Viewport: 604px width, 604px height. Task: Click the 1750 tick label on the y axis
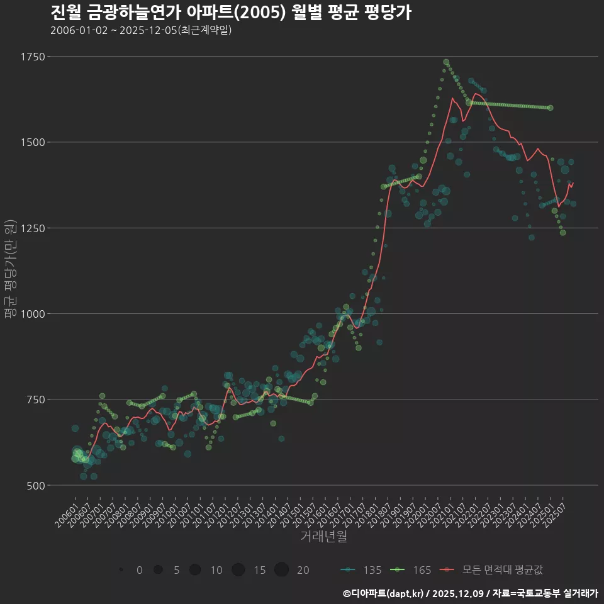pyautogui.click(x=32, y=57)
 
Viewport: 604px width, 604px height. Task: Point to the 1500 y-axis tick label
pyautogui.click(x=32, y=142)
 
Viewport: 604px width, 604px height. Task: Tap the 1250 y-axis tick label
pyautogui.click(x=32, y=228)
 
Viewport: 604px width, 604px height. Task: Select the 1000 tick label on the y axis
pyautogui.click(x=32, y=313)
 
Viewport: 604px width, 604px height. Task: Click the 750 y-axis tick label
pyautogui.click(x=35, y=400)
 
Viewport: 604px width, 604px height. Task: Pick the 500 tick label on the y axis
pyautogui.click(x=35, y=485)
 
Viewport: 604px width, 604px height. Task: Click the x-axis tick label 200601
pyautogui.click(x=65, y=512)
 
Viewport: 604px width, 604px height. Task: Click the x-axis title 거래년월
pyautogui.click(x=323, y=537)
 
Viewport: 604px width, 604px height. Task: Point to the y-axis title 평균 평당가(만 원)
pyautogui.click(x=11, y=271)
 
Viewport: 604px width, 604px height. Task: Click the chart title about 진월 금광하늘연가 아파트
pyautogui.click(x=230, y=13)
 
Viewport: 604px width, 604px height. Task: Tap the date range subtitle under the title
pyautogui.click(x=141, y=30)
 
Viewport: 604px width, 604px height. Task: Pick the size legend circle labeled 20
pyautogui.click(x=281, y=570)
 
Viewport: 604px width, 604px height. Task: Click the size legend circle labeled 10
pyautogui.click(x=195, y=570)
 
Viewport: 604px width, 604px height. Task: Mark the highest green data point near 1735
pyautogui.click(x=446, y=62)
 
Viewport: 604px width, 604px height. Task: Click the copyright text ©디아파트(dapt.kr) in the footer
pyautogui.click(x=384, y=593)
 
